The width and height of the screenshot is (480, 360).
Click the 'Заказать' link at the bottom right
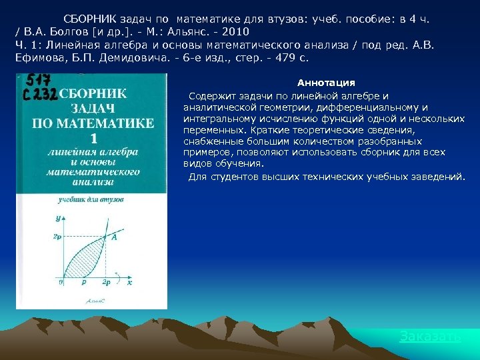(430, 337)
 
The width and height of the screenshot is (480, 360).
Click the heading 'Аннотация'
(326, 83)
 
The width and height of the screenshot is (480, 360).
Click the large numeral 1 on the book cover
(93, 139)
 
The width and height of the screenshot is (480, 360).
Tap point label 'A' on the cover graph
(114, 237)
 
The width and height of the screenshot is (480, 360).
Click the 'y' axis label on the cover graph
(59, 217)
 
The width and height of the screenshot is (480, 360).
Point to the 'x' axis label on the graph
(129, 283)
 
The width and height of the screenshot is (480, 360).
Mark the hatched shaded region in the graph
(83, 257)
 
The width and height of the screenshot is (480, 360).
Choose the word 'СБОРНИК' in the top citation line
(93, 19)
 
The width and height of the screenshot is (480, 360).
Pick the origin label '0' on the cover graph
(61, 283)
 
